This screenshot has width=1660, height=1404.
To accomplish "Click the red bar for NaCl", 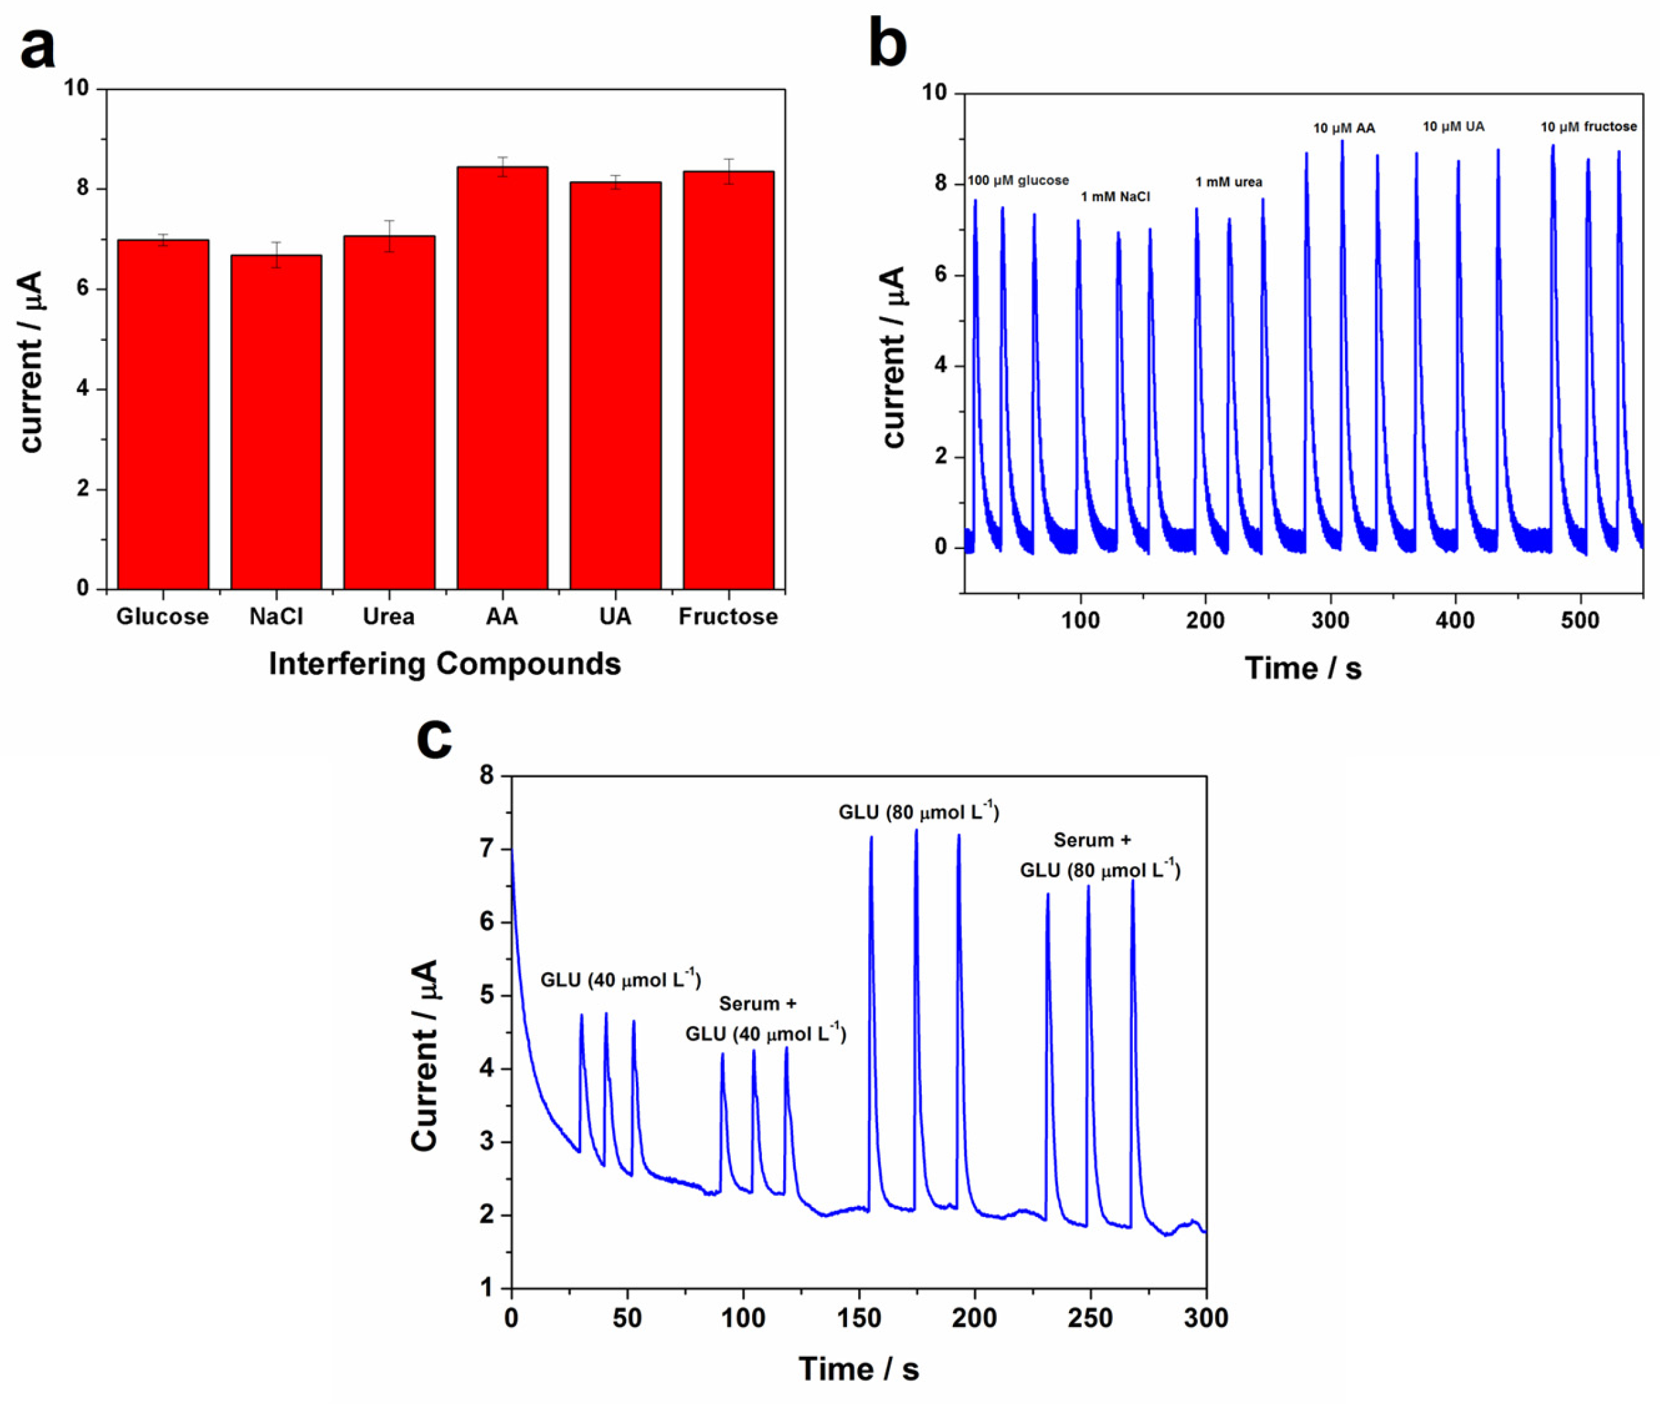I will click(x=276, y=422).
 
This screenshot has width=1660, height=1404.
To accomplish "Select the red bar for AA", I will click(x=502, y=378).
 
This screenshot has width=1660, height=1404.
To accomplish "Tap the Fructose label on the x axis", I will click(x=728, y=617).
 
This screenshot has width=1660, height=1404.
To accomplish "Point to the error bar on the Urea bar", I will click(x=389, y=236).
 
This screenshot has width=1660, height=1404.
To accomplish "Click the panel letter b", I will click(x=887, y=44).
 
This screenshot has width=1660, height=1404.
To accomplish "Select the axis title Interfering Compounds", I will click(x=444, y=664).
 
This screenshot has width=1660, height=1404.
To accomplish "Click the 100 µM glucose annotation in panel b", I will click(x=1018, y=180).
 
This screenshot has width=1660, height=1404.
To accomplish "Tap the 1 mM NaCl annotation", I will click(x=1115, y=196).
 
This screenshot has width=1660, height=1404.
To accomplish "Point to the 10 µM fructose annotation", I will click(x=1588, y=127).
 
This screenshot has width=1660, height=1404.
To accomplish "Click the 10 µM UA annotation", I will click(x=1453, y=127).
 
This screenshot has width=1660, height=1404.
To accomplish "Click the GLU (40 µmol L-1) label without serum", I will click(x=621, y=979).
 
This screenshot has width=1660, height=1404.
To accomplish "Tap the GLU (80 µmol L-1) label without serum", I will click(x=919, y=812).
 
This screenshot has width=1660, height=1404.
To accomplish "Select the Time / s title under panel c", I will click(x=859, y=1369).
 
